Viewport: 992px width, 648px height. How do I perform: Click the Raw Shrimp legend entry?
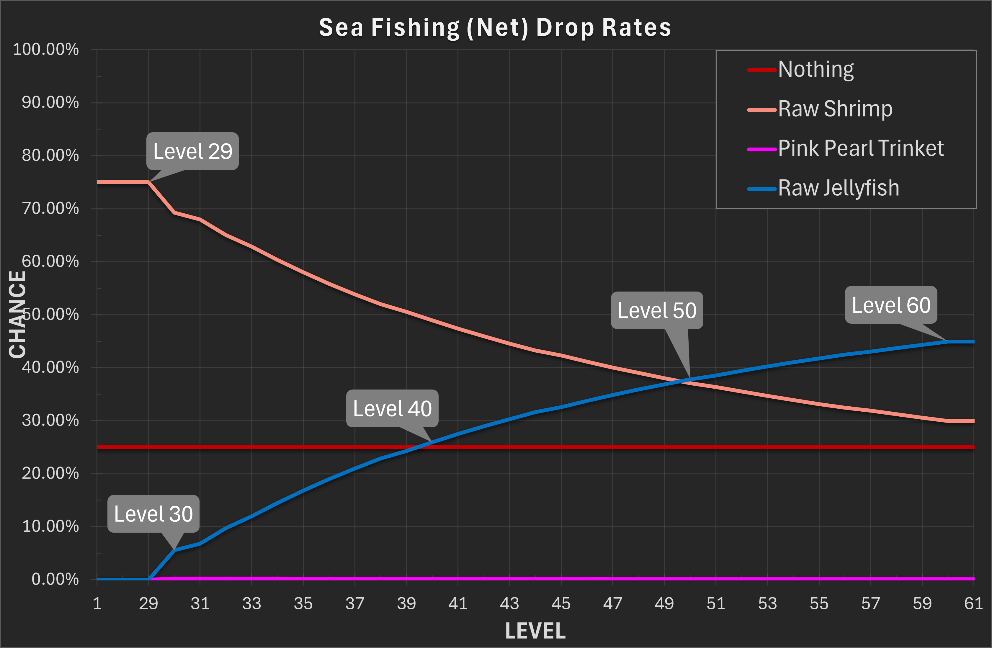pyautogui.click(x=835, y=109)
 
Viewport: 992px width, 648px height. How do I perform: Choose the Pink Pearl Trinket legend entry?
pyautogui.click(x=860, y=148)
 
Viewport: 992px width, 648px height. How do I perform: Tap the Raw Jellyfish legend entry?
pyautogui.click(x=838, y=188)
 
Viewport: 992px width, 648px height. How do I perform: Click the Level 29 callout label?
pyautogui.click(x=192, y=151)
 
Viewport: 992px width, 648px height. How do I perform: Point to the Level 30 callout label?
pyautogui.click(x=153, y=514)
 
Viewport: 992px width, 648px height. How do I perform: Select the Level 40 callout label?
pyautogui.click(x=392, y=408)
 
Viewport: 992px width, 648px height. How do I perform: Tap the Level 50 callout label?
pyautogui.click(x=657, y=310)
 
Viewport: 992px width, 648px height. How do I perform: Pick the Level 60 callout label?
pyautogui.click(x=891, y=305)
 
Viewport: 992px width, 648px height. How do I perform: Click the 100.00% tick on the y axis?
pyautogui.click(x=46, y=50)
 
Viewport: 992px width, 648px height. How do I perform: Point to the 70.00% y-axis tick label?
pyautogui.click(x=50, y=208)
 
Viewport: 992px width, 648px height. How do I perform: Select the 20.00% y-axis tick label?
pyautogui.click(x=50, y=473)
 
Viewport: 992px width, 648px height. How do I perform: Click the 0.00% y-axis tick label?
pyautogui.click(x=55, y=579)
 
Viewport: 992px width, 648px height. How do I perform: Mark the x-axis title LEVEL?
pyautogui.click(x=535, y=631)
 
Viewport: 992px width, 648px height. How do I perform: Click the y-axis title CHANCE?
pyautogui.click(x=17, y=315)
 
